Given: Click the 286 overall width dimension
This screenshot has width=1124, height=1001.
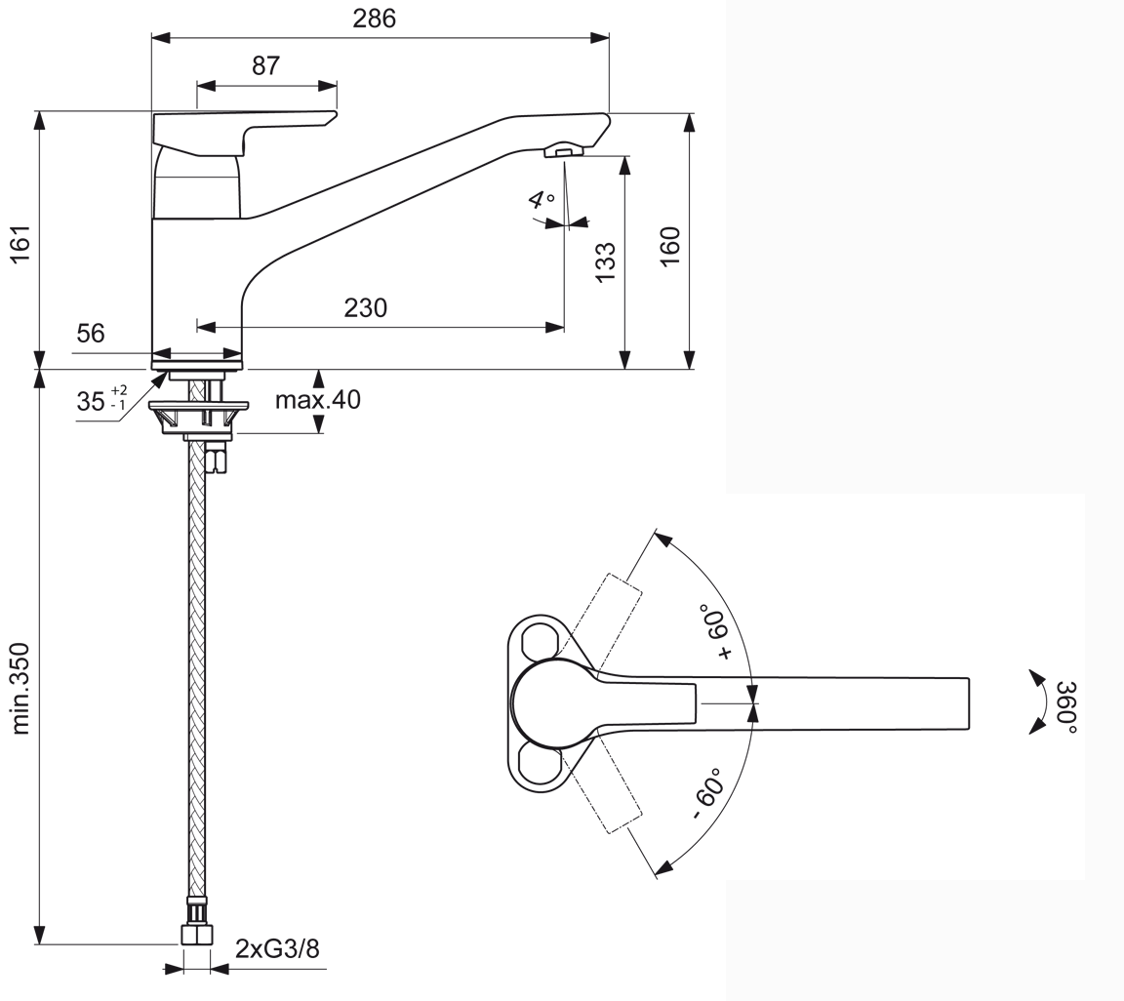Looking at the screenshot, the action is tap(375, 19).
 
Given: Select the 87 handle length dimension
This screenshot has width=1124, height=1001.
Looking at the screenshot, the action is tap(265, 66).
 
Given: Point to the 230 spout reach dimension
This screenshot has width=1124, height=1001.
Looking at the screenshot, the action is tap(366, 308).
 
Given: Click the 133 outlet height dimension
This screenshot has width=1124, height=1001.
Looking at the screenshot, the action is tap(606, 261).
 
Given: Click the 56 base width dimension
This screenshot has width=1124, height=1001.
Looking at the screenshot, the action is tap(91, 334).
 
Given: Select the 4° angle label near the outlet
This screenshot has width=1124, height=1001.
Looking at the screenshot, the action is tap(542, 201).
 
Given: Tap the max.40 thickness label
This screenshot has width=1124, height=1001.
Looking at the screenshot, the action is tap(317, 399).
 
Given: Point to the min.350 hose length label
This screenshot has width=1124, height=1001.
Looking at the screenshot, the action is tap(20, 689).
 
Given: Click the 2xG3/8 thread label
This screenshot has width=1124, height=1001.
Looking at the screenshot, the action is tap(277, 948).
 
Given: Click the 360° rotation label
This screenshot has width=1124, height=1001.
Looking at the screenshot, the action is tap(1065, 707).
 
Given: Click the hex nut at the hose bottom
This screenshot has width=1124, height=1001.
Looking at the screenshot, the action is tap(197, 934).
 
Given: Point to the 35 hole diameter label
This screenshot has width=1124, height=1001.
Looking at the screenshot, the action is tap(101, 400).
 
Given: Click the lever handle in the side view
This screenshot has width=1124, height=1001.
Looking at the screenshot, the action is tap(245, 134).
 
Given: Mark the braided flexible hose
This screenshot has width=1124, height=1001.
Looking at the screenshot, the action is tap(196, 667).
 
